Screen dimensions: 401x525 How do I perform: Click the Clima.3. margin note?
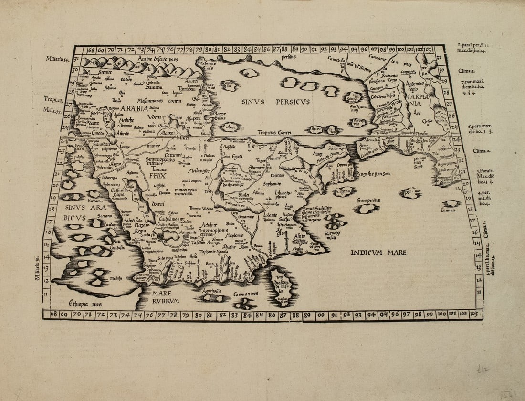point(465,70)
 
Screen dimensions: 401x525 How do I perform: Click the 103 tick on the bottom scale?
point(474,315)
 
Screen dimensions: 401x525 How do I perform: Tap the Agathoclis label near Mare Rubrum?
point(212,290)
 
